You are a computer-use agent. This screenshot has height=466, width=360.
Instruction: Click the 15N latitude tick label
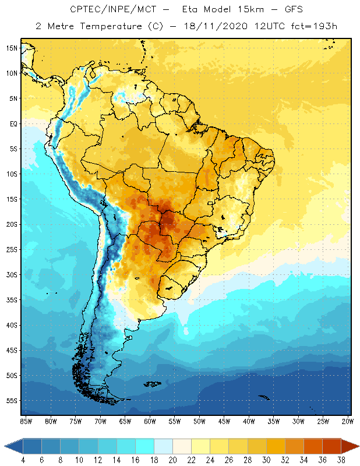pos(12,48)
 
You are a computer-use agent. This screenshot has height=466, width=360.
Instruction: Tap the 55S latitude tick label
pos(12,400)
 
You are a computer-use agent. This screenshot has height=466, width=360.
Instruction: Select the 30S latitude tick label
pos(12,274)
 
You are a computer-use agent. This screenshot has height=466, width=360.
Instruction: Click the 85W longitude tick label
pos(26,421)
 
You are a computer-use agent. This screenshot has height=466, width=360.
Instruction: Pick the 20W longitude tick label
pos(347,421)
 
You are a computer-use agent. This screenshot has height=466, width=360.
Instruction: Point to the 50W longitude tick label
pos(199,421)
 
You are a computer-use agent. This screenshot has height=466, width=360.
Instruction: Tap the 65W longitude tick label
pos(125,421)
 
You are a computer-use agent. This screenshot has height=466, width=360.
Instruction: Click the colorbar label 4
pos(23,460)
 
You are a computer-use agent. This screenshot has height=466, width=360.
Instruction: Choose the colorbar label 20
pos(172,460)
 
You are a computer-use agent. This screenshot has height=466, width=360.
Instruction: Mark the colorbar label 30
pos(265,460)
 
